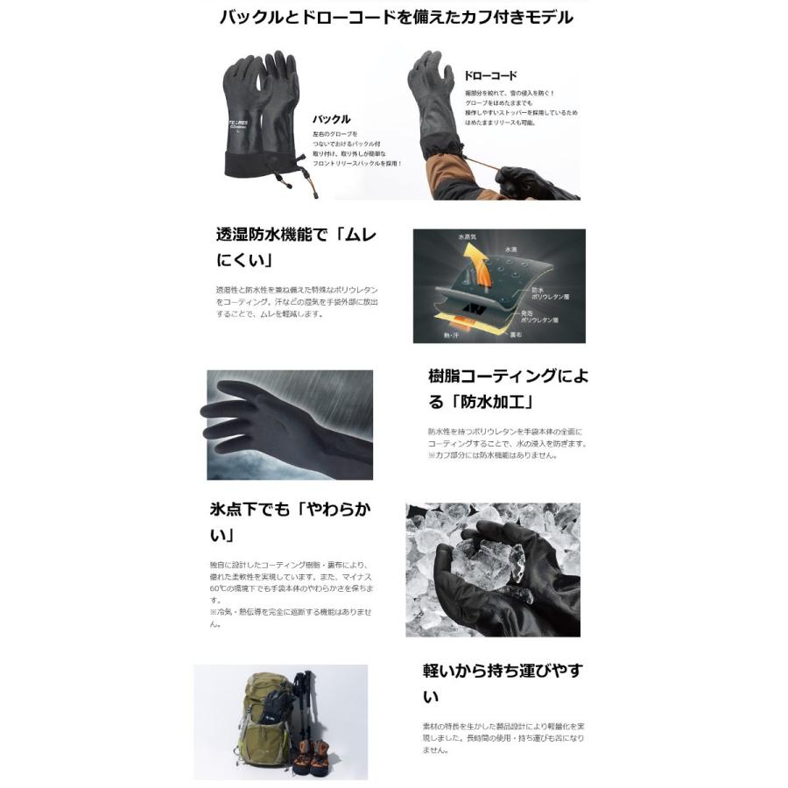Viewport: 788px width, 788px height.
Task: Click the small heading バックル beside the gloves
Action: click(x=331, y=118)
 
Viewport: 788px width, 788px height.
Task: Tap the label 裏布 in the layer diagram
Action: click(x=516, y=334)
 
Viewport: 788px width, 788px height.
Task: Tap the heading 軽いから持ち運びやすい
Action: click(x=503, y=683)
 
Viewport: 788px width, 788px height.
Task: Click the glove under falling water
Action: click(x=263, y=419)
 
